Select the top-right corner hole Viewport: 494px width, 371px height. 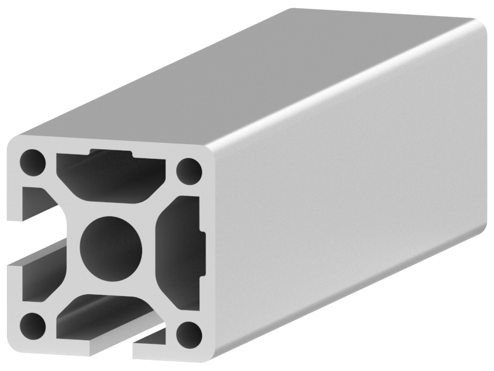pos(189,169)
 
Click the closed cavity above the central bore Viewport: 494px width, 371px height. pos(111,176)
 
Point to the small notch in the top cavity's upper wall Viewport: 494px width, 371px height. pos(111,152)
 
